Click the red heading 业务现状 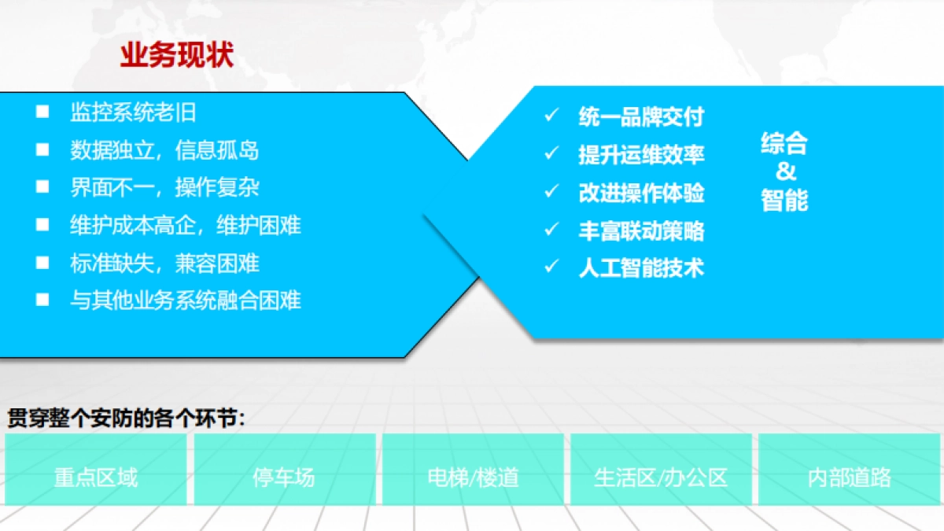(176, 56)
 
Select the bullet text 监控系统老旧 (133, 112)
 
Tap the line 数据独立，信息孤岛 (164, 149)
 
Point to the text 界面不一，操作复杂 (164, 187)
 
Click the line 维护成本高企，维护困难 (185, 225)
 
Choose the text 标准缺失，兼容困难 (164, 263)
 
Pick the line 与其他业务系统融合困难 (185, 300)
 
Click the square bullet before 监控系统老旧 (42, 112)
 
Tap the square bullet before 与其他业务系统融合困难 (42, 300)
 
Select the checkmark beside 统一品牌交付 (551, 116)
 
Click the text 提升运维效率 (641, 154)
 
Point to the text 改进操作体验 (641, 192)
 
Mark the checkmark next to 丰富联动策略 (551, 230)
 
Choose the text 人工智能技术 (641, 267)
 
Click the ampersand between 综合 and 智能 (785, 171)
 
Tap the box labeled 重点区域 (96, 477)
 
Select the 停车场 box (284, 477)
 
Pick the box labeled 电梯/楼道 (473, 477)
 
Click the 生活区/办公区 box (661, 477)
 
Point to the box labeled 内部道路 (850, 477)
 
